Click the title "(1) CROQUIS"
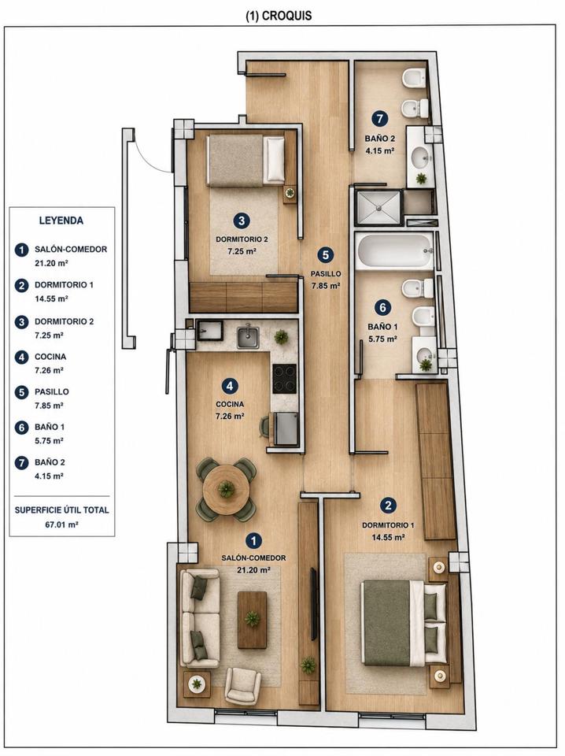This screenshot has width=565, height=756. [279, 16]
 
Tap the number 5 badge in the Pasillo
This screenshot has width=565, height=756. [326, 255]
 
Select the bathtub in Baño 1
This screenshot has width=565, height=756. [394, 250]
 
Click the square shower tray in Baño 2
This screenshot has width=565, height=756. [379, 208]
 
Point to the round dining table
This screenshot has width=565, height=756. [226, 489]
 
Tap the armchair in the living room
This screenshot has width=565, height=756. [243, 685]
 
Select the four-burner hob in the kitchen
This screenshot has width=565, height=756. [285, 379]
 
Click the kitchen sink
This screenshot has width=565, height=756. [248, 337]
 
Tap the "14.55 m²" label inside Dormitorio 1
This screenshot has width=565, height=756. [388, 537]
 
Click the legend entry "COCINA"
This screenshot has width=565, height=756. [50, 357]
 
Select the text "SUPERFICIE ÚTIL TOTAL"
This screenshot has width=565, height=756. [61, 510]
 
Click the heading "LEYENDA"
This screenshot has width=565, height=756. [61, 220]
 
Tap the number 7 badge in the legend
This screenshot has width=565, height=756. [21, 463]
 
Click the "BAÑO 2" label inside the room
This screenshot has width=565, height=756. [380, 139]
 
